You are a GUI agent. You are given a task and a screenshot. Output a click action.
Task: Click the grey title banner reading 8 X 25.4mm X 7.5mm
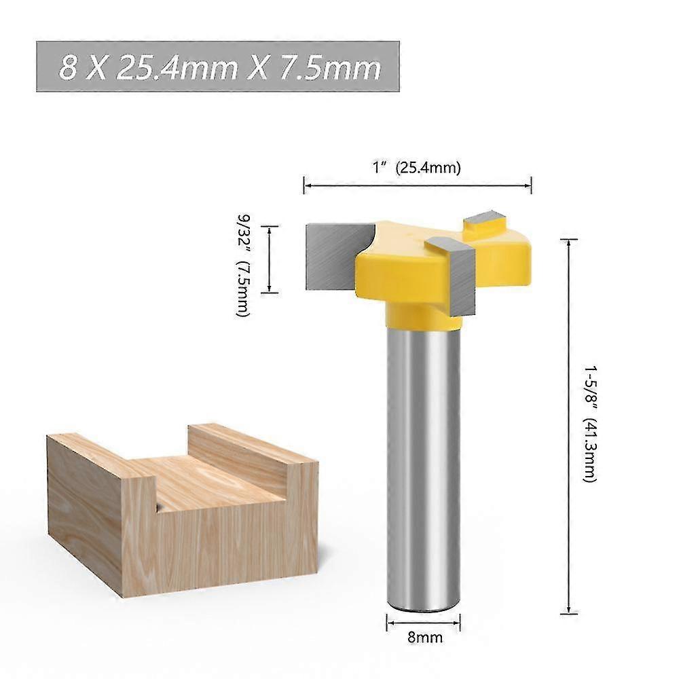tap(217, 67)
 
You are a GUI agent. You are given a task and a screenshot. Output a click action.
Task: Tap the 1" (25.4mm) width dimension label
tap(417, 168)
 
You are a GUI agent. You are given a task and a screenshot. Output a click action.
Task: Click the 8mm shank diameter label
tap(424, 638)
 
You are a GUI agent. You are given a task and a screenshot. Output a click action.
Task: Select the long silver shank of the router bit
tap(423, 462)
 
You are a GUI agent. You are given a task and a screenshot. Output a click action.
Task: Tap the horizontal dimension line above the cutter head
tap(417, 183)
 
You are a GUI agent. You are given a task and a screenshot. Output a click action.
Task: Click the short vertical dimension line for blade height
tap(270, 259)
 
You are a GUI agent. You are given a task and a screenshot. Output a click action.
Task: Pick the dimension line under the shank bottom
tap(423, 621)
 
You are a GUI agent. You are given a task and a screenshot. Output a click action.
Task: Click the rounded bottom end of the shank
tap(423, 601)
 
